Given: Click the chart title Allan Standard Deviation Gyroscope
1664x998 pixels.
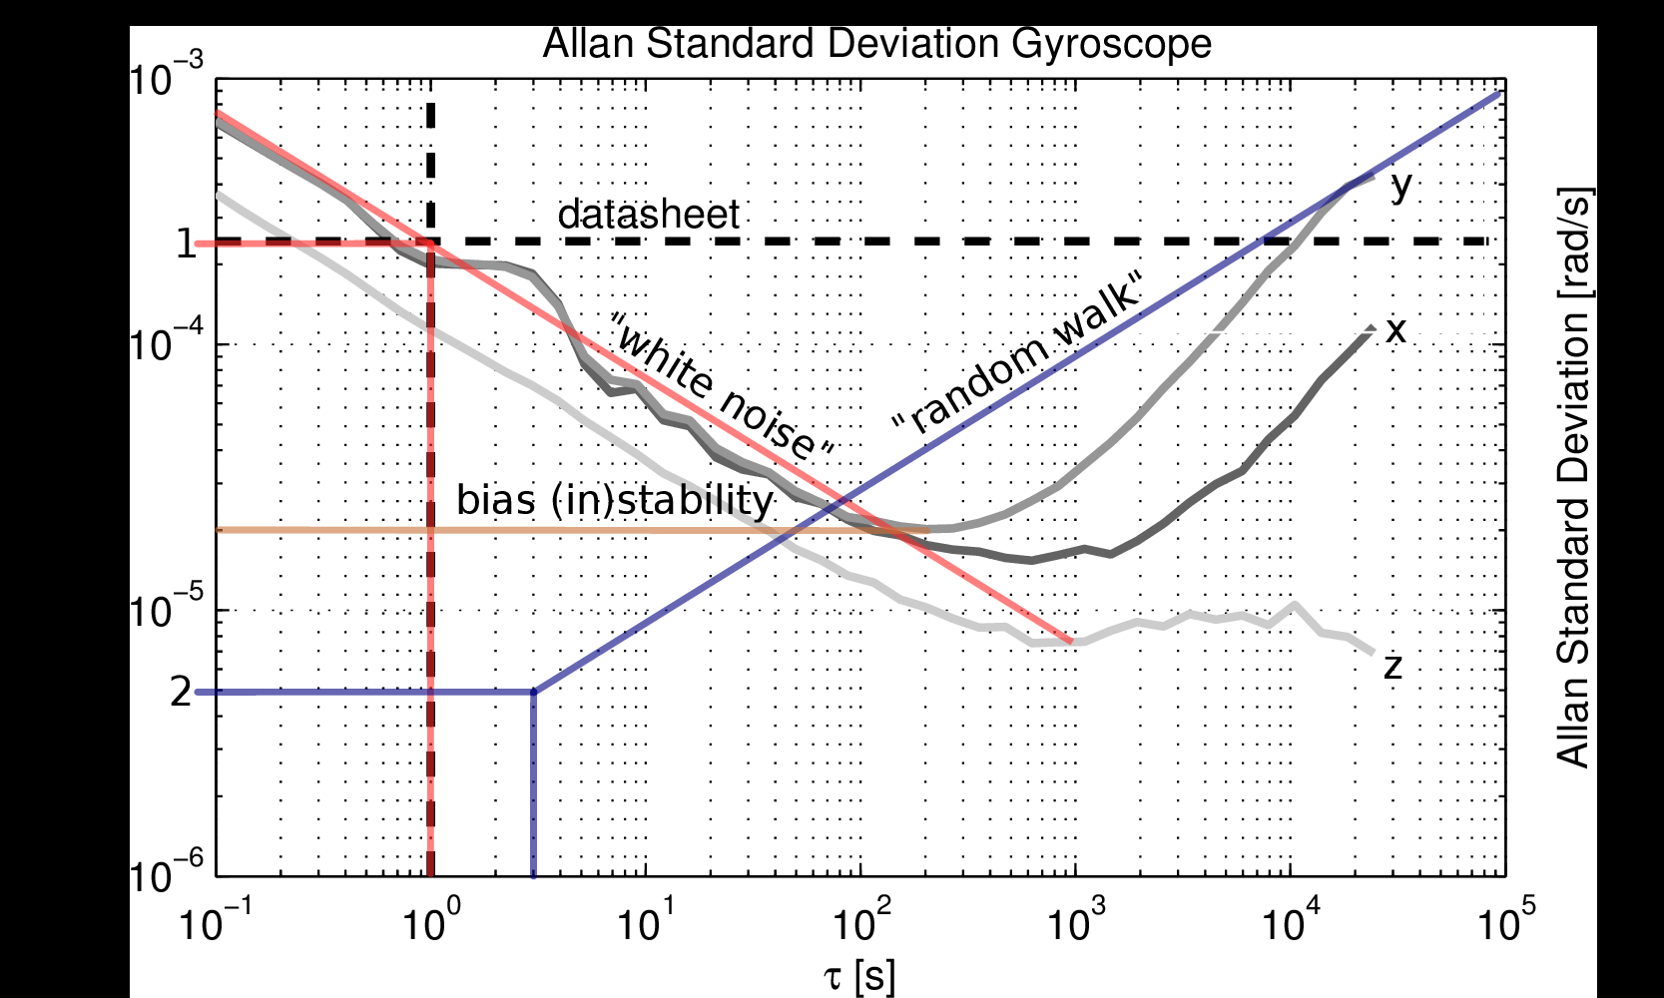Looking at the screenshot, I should (876, 44).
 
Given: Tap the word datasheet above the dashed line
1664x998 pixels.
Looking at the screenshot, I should (648, 215).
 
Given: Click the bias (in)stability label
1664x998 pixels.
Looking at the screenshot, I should (615, 500).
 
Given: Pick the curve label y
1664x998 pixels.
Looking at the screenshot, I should (1401, 186).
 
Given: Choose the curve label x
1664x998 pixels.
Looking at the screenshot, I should (1395, 330).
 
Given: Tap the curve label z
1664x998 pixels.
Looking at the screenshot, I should (1393, 665).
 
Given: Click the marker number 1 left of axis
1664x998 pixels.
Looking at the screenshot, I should (186, 244).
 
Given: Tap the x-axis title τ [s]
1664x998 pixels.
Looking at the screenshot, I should (859, 976).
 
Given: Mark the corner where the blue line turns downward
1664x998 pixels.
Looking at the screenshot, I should (533, 691).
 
